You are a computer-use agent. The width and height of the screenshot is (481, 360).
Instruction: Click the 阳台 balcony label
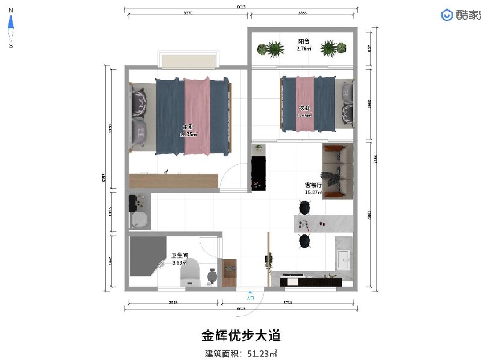click(304, 42)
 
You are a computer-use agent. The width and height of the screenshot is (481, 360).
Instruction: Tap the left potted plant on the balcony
click(274, 49)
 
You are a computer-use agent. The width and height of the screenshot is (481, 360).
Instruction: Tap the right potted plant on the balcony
click(329, 49)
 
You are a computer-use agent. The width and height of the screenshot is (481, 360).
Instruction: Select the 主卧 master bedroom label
click(188, 127)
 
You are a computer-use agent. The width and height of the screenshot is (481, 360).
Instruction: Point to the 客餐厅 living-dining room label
click(314, 186)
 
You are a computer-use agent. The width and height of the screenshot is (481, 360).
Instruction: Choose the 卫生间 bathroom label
click(180, 255)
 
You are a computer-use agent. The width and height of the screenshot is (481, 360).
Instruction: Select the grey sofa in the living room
click(339, 170)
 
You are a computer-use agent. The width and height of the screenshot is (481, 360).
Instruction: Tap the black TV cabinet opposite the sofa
click(258, 173)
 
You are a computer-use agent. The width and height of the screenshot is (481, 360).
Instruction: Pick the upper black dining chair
click(304, 207)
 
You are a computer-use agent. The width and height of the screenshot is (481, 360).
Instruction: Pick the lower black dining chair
click(304, 241)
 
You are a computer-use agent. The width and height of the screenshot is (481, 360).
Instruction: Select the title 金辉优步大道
click(240, 335)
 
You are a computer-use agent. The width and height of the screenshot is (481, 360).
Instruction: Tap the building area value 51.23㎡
click(262, 353)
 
